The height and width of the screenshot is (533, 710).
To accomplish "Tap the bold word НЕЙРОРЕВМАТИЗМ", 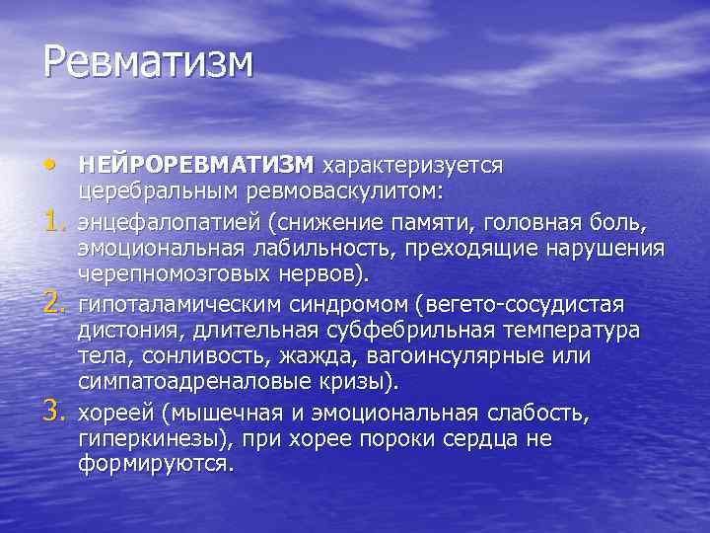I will (196, 163).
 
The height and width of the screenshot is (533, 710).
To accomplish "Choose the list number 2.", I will (54, 300).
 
